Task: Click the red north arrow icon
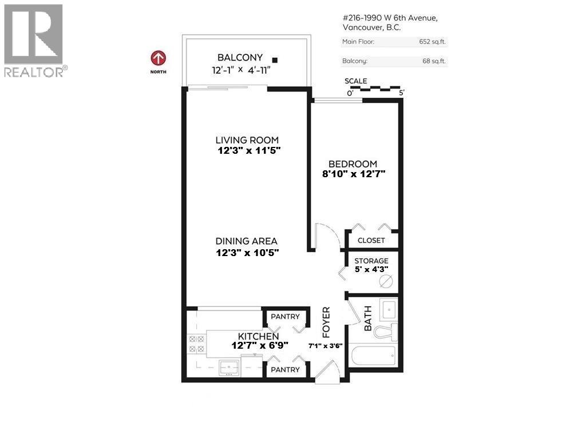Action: pyautogui.click(x=159, y=58)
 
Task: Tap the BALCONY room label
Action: pyautogui.click(x=240, y=57)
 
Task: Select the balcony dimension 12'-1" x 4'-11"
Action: pyautogui.click(x=240, y=70)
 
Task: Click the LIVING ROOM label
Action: pyautogui.click(x=247, y=140)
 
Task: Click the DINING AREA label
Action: pyautogui.click(x=247, y=242)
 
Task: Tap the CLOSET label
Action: pyautogui.click(x=371, y=241)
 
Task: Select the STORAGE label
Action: pyautogui.click(x=371, y=261)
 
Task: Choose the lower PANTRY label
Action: pyautogui.click(x=285, y=370)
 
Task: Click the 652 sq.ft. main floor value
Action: pyautogui.click(x=433, y=41)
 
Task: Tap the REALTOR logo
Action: pyautogui.click(x=34, y=40)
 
